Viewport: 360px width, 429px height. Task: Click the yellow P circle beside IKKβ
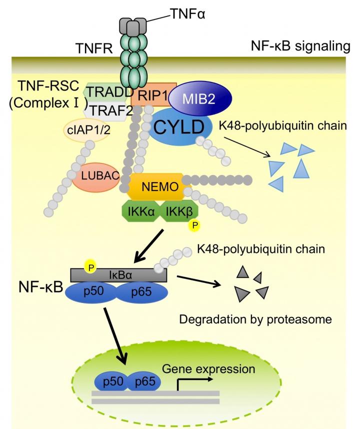pyautogui.click(x=193, y=226)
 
